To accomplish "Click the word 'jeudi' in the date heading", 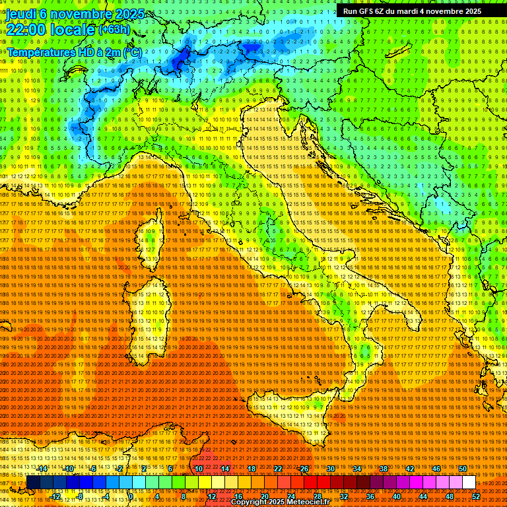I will click(22, 14).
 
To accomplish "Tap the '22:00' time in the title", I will click(27, 30).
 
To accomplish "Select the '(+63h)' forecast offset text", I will click(114, 30).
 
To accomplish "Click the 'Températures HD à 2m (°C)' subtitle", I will click(74, 51).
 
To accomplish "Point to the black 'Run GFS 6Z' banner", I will click(412, 11).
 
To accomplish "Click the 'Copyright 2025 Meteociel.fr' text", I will click(285, 502).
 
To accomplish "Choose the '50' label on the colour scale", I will click(463, 468).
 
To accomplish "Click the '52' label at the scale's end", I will click(476, 496).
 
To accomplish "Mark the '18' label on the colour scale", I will click(252, 468).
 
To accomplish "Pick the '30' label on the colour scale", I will click(331, 468).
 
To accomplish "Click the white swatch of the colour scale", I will click(469, 483).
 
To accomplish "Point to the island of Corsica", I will click(151, 242).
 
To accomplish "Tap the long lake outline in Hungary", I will click(397, 50).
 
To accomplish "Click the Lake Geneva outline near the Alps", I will click(79, 73).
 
